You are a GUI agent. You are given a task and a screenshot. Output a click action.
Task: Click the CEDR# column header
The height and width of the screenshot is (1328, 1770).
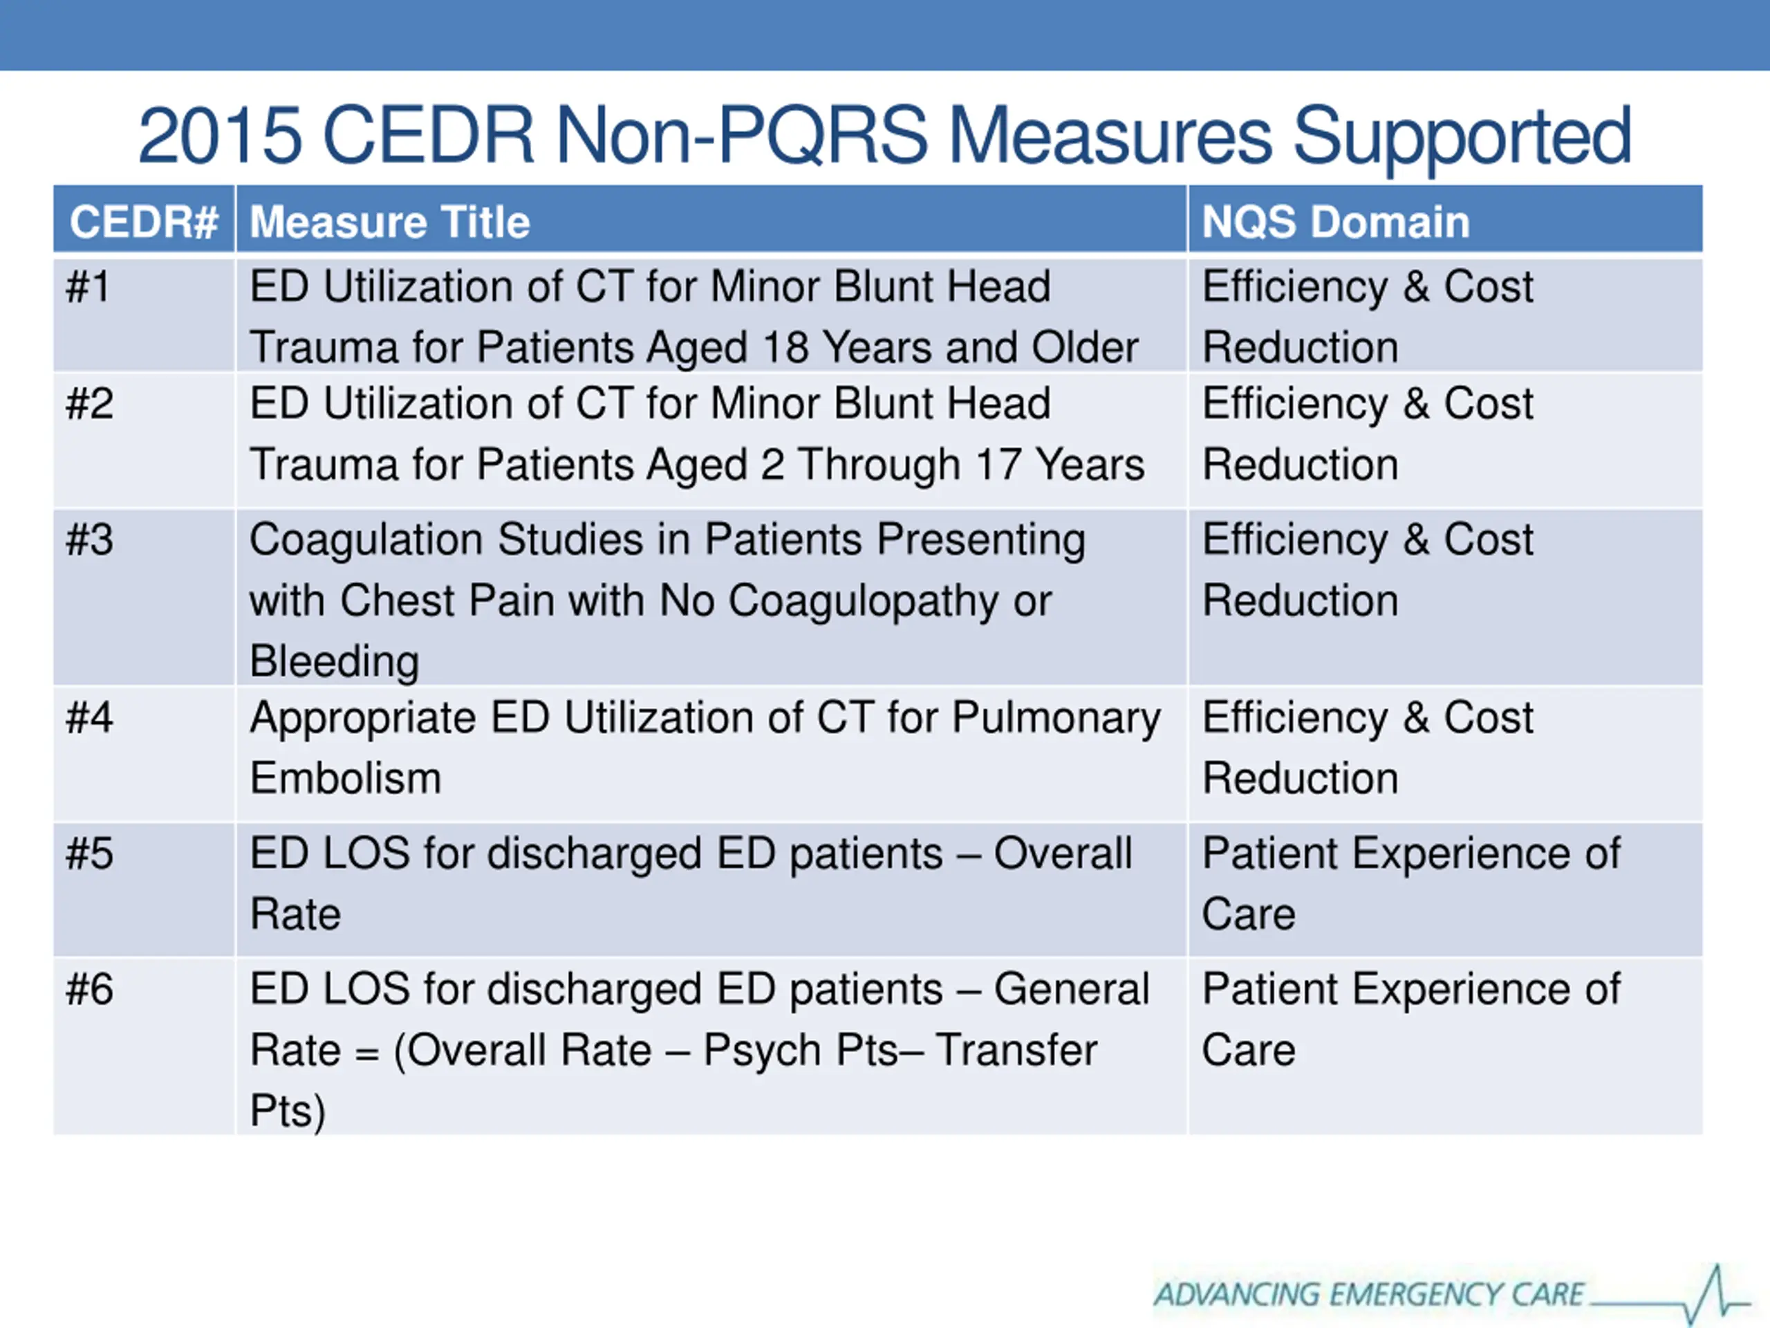coord(143,222)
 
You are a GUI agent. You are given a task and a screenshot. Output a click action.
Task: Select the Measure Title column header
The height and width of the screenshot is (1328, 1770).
coord(390,222)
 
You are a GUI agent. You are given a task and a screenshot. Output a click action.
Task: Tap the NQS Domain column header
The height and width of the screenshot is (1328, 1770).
coord(1336,222)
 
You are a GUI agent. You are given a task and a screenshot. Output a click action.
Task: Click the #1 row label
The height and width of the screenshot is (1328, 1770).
coord(88,286)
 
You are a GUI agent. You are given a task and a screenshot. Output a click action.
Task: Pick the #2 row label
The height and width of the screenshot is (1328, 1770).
coord(90,403)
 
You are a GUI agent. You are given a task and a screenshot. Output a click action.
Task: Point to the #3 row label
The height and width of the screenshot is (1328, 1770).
coord(90,539)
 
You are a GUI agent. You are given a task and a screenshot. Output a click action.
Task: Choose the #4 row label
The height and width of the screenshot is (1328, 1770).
coord(90,717)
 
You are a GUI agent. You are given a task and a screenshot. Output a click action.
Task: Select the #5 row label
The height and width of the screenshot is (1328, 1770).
coord(90,854)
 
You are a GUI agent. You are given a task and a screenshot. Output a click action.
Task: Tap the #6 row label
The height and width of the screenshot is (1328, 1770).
coord(90,989)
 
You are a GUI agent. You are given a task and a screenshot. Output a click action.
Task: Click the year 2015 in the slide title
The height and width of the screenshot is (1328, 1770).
coord(220,136)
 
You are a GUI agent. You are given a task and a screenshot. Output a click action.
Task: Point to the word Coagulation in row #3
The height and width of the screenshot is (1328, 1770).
coord(366,540)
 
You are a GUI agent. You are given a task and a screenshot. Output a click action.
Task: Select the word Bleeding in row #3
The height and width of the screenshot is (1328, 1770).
coord(335,661)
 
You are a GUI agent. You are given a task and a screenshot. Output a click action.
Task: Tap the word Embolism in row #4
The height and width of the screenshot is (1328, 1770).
coord(346,778)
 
